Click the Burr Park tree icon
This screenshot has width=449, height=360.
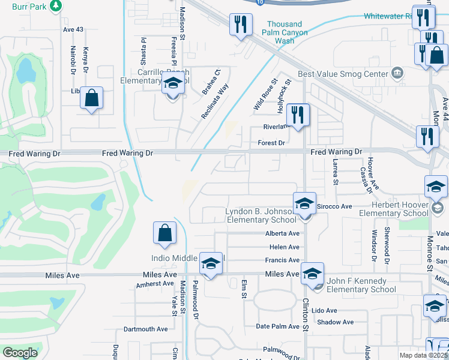pos(55,5)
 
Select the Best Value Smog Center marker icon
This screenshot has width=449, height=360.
pos(397,74)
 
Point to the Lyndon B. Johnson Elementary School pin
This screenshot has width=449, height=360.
pos(304,204)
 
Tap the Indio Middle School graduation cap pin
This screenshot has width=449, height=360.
pos(210,263)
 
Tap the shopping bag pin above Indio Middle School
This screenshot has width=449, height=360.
pos(164,234)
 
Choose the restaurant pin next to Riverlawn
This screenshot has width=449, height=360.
pos(297,114)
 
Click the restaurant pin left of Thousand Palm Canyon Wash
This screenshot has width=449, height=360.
pos(241,25)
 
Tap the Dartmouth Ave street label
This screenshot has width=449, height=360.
pos(145,329)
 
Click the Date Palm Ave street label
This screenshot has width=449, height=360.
pos(277,326)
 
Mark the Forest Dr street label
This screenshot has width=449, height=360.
pos(271,143)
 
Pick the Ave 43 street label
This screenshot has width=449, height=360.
pos(73,29)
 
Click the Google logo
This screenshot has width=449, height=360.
pos(20,353)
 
